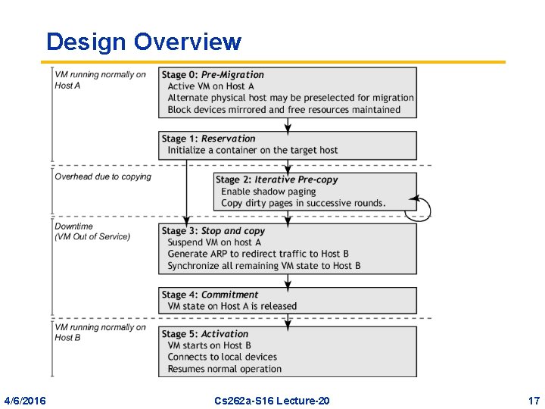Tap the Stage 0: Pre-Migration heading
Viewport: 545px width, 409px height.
click(x=213, y=75)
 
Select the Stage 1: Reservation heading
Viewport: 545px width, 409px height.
click(x=208, y=139)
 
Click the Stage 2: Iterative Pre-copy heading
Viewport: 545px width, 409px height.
click(x=276, y=180)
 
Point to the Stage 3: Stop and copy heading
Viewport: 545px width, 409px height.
click(x=213, y=230)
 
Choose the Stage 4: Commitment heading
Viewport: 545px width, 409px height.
click(x=210, y=295)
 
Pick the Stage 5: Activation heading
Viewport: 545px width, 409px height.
click(x=204, y=334)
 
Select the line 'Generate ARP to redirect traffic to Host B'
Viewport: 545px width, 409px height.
click(x=258, y=254)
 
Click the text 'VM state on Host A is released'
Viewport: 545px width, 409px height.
click(x=232, y=306)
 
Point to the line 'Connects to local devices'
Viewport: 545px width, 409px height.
click(x=223, y=357)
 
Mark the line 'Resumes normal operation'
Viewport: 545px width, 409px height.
click(x=225, y=369)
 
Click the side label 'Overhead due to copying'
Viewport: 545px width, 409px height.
click(x=103, y=176)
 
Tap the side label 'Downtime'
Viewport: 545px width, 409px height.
click(x=74, y=226)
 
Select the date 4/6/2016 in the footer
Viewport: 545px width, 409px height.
click(x=24, y=400)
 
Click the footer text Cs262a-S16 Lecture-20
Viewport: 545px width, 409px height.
click(x=272, y=400)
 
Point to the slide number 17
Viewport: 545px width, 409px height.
click(x=534, y=400)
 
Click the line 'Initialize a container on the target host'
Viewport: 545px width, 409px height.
click(x=253, y=150)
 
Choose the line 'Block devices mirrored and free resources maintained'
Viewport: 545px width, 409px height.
click(x=284, y=109)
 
